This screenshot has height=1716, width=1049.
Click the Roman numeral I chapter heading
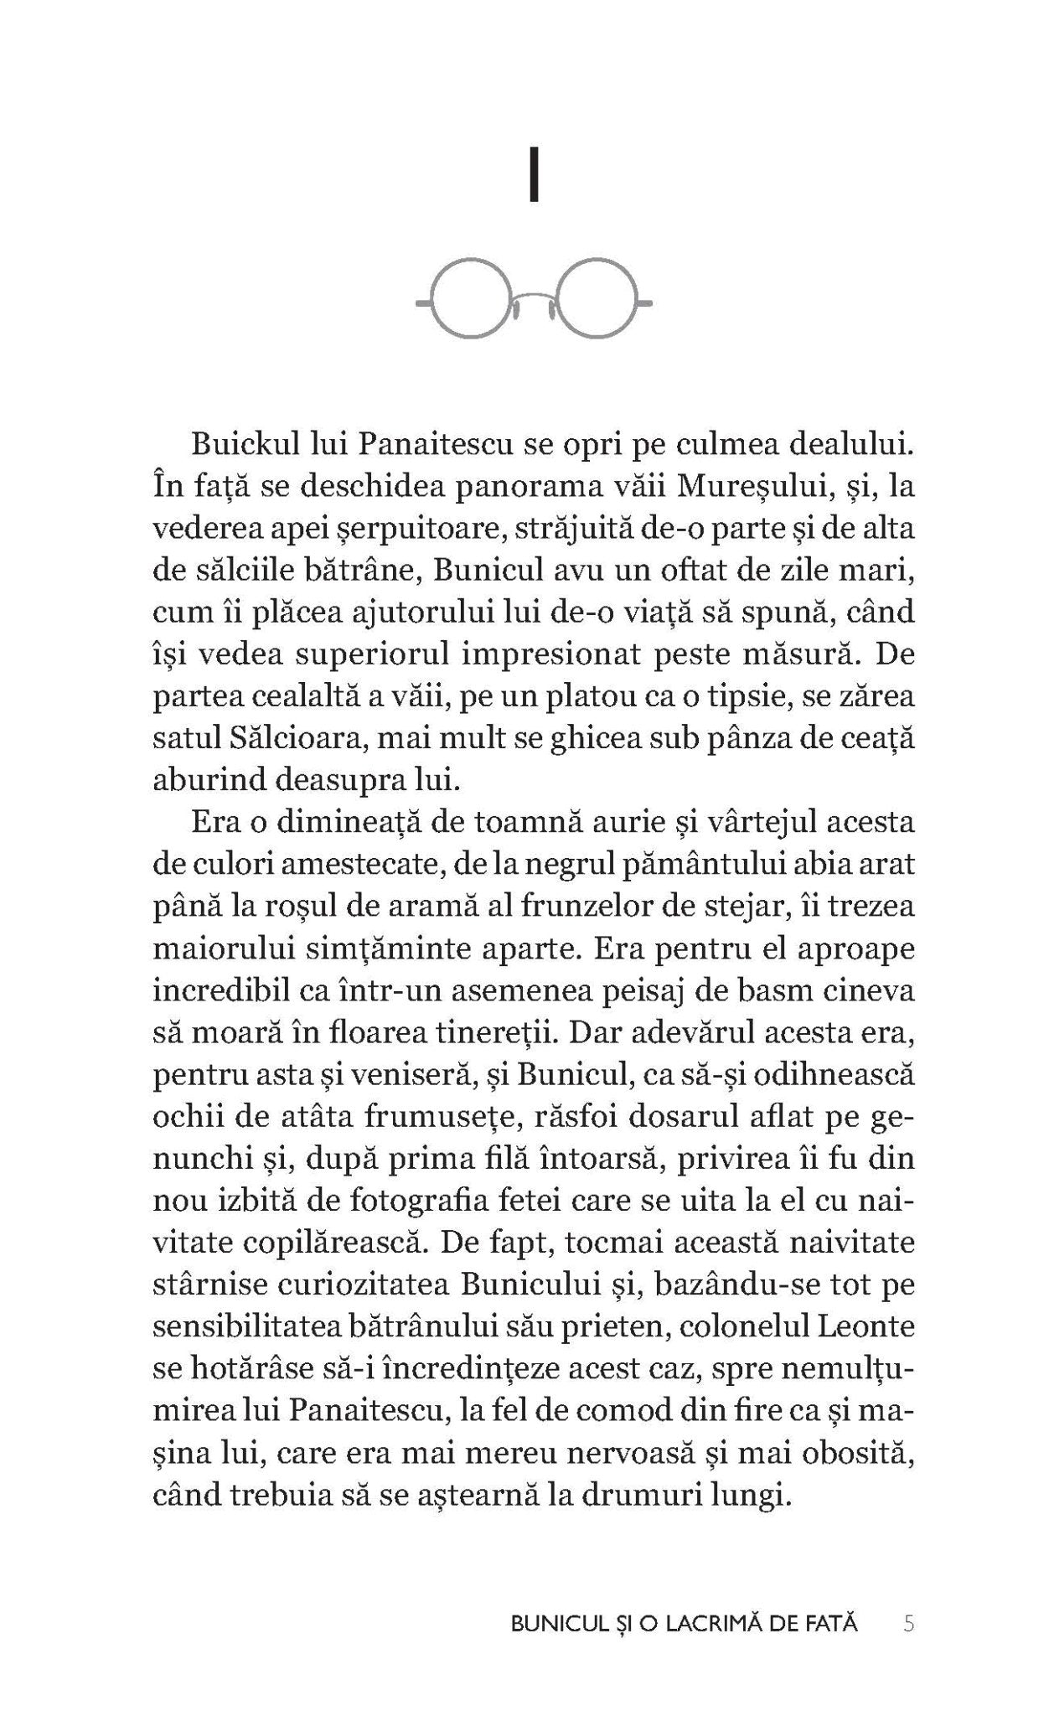pos(533,177)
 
